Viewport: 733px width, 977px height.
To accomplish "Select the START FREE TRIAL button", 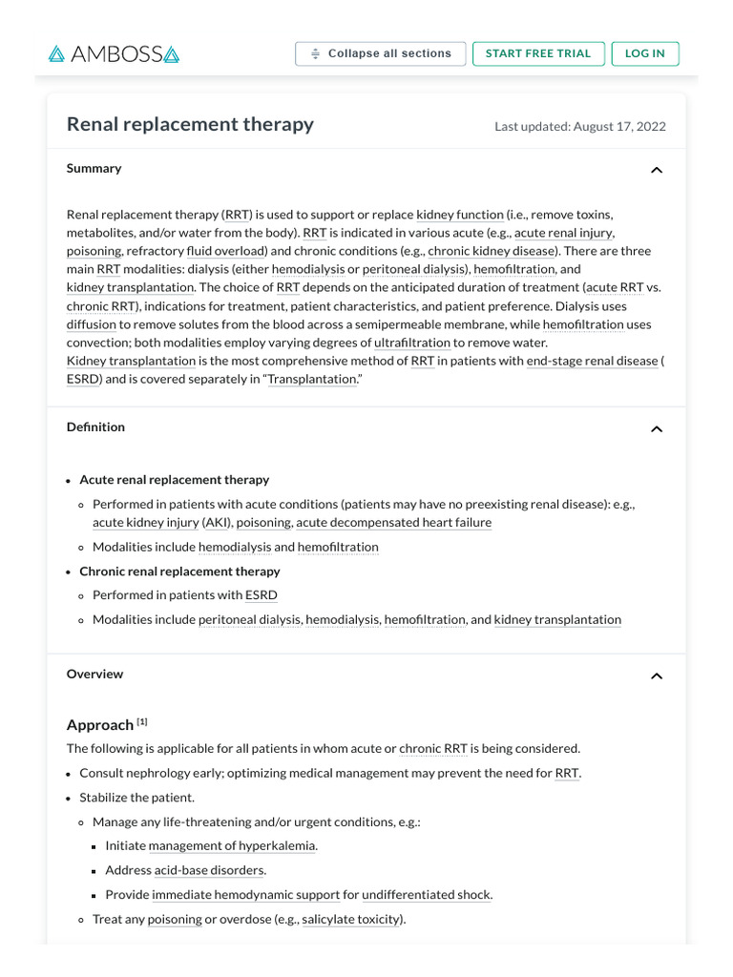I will (537, 54).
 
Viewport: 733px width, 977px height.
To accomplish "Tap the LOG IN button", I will (644, 54).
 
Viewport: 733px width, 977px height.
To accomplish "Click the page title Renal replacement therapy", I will (190, 124).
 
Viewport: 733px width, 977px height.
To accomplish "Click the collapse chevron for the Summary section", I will (656, 170).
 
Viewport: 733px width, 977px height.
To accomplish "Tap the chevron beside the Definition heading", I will (656, 429).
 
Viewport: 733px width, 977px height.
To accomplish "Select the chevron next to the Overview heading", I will (656, 676).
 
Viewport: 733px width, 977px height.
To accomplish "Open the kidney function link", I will (459, 215).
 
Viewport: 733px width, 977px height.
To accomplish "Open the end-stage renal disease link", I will (592, 361).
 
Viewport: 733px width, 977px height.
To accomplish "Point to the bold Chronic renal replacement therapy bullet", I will (179, 572).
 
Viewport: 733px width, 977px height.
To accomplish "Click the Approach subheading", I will (99, 725).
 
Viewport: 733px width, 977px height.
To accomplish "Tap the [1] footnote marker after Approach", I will (142, 721).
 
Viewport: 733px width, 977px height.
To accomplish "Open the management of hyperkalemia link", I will (232, 845).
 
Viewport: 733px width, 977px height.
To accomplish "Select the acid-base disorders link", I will (210, 870).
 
